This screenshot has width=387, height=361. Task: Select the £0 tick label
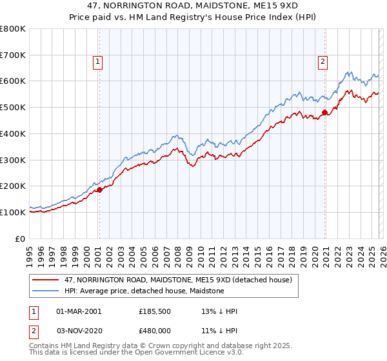19,239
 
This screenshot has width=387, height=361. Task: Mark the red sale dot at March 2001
99,190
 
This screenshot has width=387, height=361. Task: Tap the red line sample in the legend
46,280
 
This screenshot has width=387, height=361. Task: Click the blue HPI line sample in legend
46,291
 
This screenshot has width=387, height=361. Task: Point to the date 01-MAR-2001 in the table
79,311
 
